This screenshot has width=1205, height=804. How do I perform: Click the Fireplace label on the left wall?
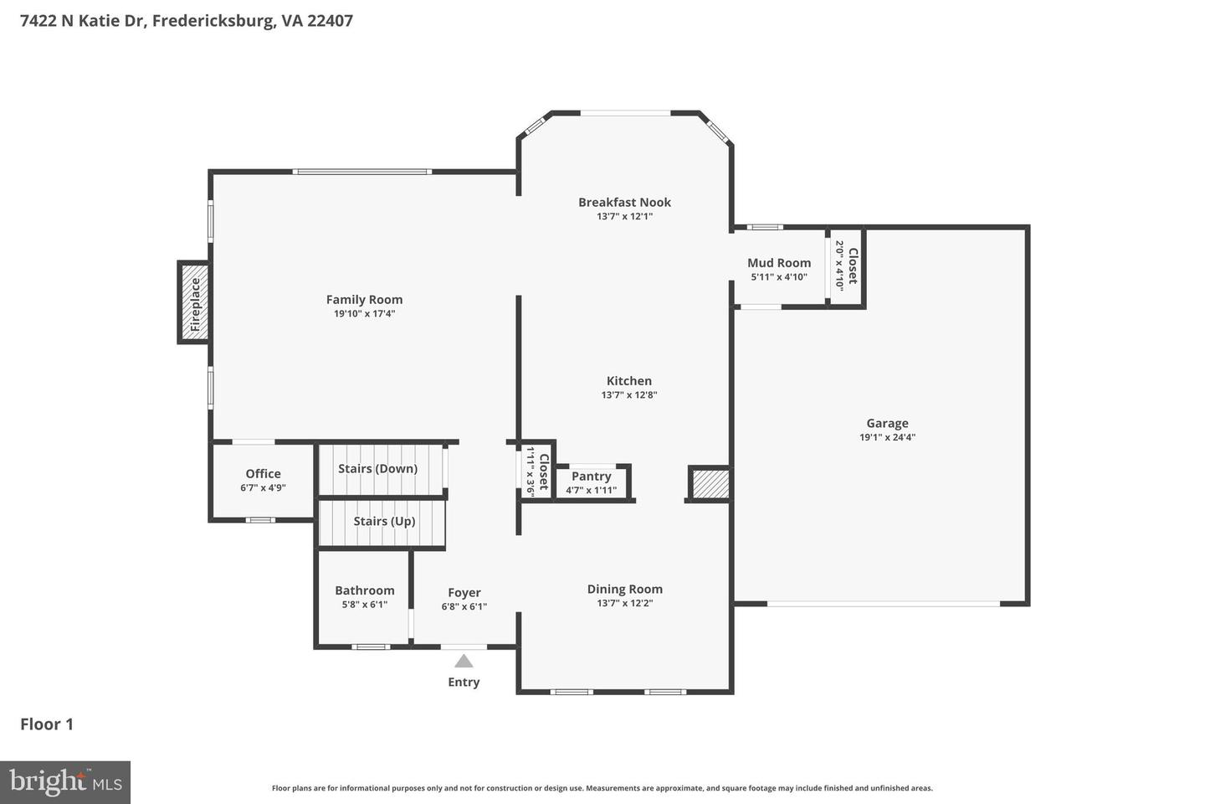coord(195,304)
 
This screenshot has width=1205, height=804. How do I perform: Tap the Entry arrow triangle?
coord(464,662)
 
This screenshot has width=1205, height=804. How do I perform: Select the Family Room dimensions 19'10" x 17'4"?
coord(364,314)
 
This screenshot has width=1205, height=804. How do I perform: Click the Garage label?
coord(887,423)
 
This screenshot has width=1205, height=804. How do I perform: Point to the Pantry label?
coord(592,477)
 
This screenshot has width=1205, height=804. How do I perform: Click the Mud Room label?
coord(779,263)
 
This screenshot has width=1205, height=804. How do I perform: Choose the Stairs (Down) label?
coord(377,469)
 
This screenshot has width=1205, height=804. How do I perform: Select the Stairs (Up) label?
coord(384,521)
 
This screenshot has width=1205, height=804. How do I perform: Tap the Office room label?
coord(263,474)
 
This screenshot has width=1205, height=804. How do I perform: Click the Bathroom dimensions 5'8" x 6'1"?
coord(364,604)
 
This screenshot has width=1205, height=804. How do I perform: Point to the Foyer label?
coord(464,593)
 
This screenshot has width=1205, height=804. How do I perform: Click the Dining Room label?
coord(624,590)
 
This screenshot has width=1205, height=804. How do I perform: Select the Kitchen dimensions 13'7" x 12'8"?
coord(629,395)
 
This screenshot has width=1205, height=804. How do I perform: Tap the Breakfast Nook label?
coord(624,203)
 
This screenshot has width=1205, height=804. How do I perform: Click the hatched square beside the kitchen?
coord(710,484)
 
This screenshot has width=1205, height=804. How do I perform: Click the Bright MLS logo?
coord(65,782)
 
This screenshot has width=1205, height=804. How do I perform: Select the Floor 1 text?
coord(47,724)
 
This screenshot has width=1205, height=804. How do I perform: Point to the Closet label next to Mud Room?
coord(853,265)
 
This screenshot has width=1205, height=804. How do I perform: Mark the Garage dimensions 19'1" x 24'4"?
coord(887,437)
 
